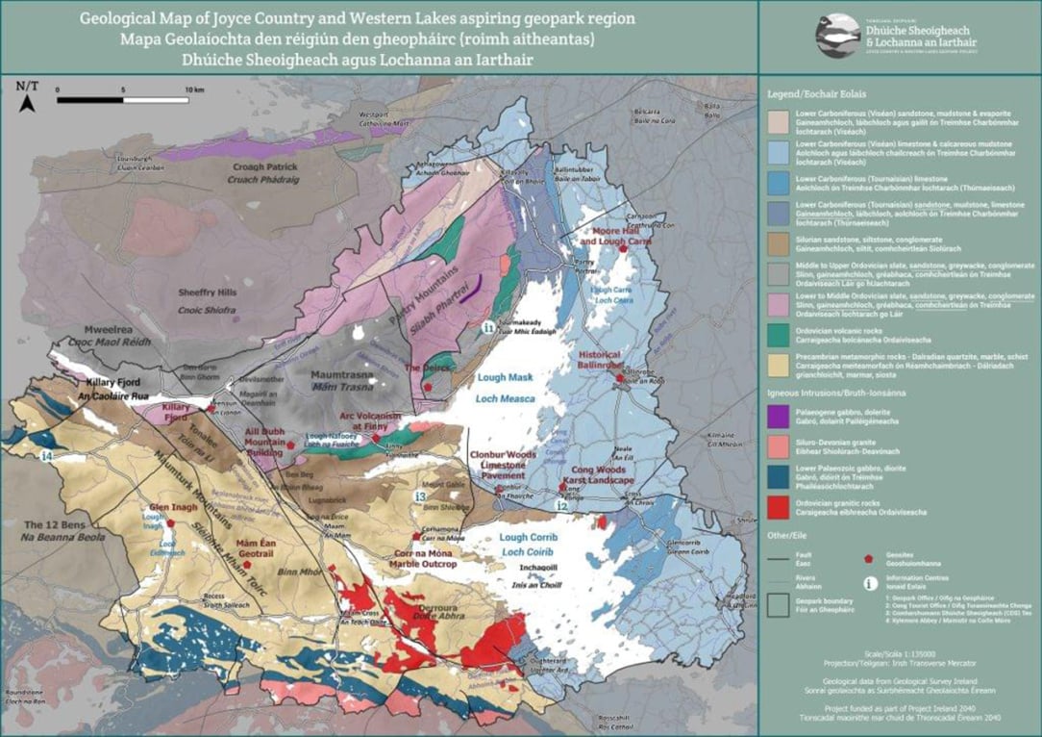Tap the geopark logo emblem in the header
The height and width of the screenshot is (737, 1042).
(x=837, y=36)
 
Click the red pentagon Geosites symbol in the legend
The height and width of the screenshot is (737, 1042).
(x=870, y=558)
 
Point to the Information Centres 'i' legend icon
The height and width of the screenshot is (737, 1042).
(x=870, y=582)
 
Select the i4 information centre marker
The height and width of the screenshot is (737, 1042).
(x=46, y=454)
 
